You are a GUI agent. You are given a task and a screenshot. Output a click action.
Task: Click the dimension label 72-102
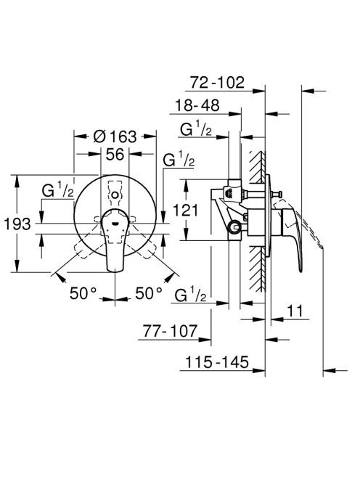[x=217, y=82]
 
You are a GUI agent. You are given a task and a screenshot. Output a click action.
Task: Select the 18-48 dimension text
[x=197, y=105]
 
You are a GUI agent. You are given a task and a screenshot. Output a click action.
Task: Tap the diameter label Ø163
[x=115, y=136]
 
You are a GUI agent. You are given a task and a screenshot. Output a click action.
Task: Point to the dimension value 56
[x=115, y=154]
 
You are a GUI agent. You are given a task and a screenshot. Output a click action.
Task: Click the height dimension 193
[x=17, y=224]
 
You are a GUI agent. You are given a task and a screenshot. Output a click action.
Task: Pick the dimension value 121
[x=186, y=211]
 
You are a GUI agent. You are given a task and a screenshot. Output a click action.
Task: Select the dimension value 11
[x=295, y=311]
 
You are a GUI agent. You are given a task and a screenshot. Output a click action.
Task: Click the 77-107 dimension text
[x=170, y=331]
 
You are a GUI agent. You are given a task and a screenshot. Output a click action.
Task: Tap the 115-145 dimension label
[x=217, y=362]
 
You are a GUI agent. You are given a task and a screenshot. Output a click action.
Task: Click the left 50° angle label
[x=83, y=293]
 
